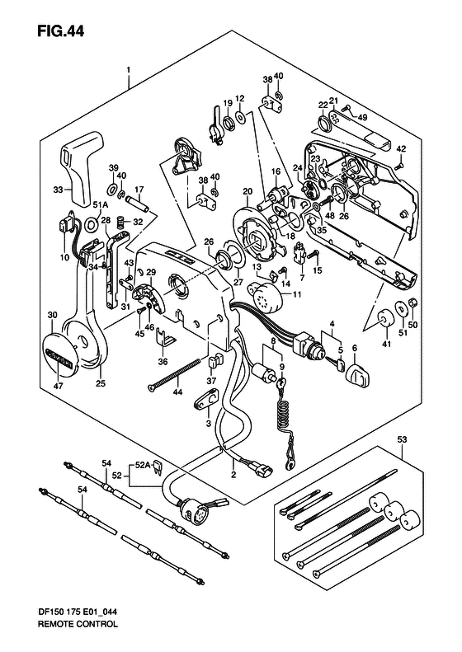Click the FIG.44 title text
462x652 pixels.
pos(61,30)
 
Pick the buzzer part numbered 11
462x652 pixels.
pos(268,296)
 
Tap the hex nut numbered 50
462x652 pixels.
pos(412,303)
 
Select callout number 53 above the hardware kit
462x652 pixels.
pos(403,439)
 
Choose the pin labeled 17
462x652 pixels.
pos(138,204)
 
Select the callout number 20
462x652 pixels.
pos(247,192)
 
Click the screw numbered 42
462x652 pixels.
pos(398,165)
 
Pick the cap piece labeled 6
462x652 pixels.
pos(358,375)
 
